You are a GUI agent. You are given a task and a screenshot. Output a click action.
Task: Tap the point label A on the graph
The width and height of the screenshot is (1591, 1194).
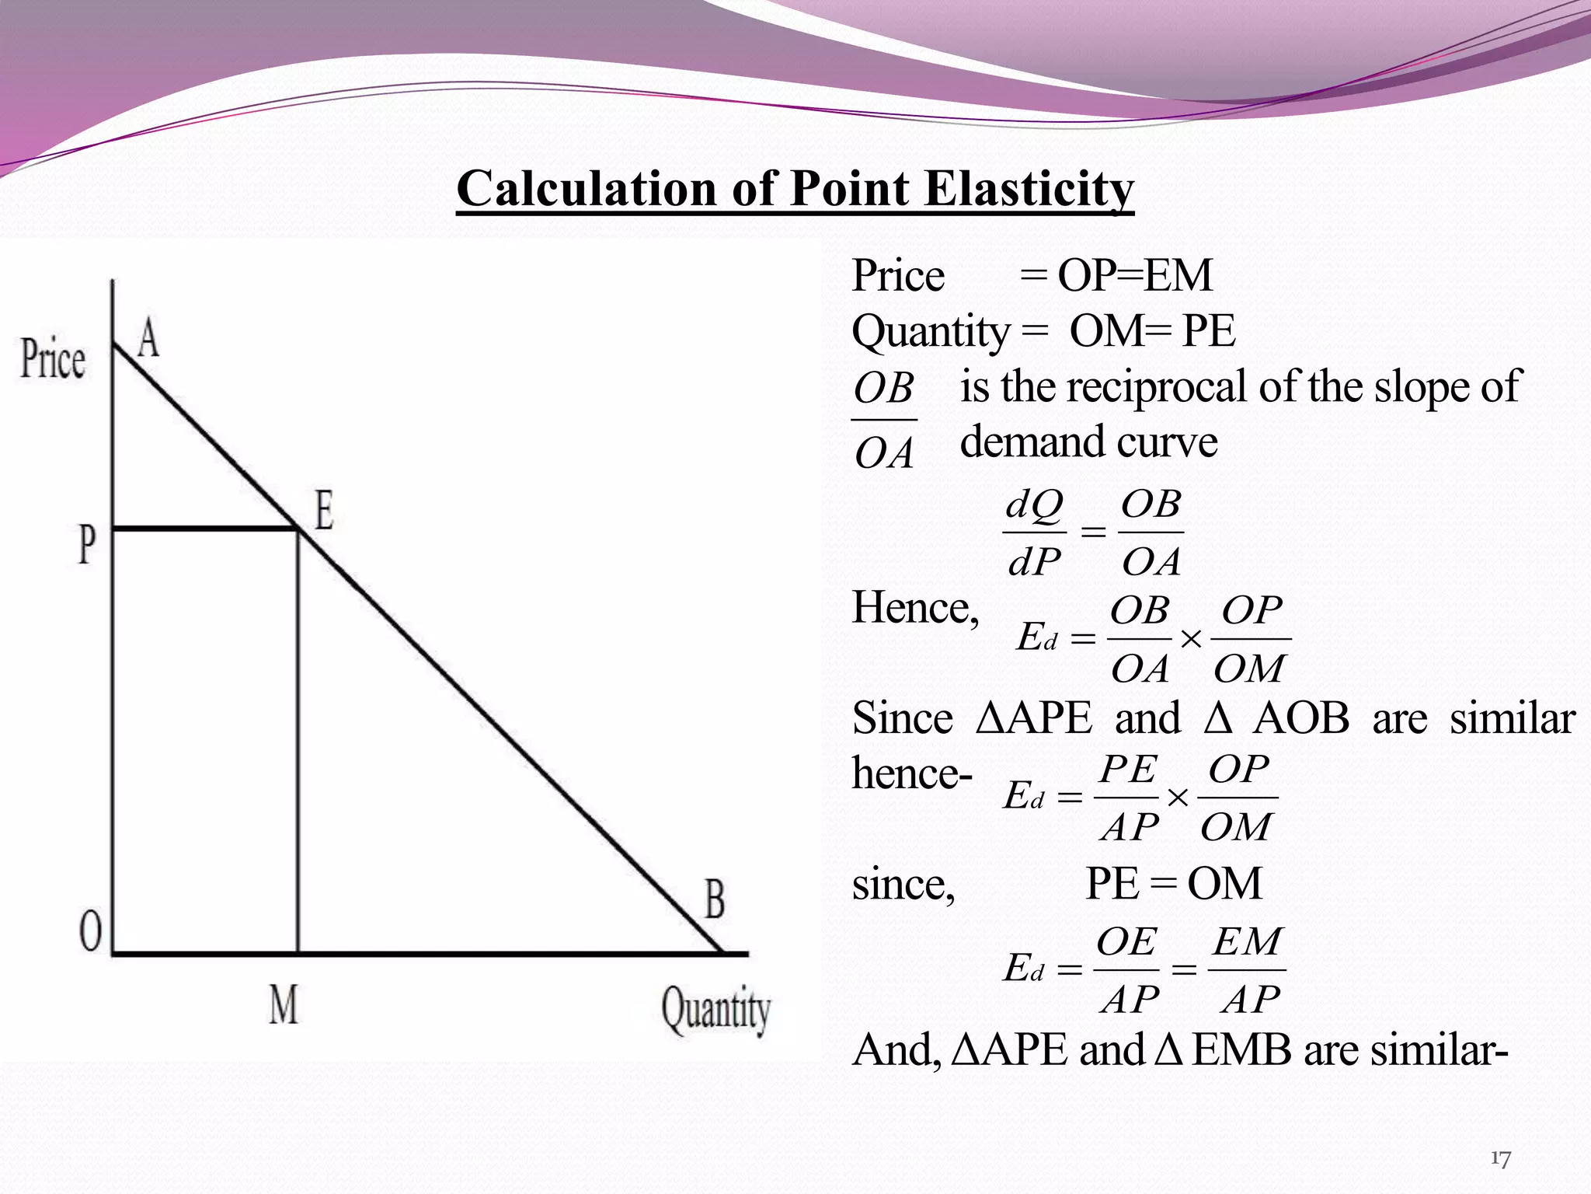(x=148, y=339)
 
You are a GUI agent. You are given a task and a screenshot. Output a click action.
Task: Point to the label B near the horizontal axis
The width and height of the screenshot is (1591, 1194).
(x=715, y=899)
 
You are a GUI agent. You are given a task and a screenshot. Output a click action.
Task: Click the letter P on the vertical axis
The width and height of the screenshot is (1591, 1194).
(x=87, y=544)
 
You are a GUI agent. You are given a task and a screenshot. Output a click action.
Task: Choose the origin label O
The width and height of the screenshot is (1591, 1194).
(x=90, y=930)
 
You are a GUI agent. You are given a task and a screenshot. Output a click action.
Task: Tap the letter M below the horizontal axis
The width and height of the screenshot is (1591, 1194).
(x=284, y=1004)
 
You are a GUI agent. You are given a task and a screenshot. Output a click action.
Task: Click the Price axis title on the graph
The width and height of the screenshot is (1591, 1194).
(x=53, y=359)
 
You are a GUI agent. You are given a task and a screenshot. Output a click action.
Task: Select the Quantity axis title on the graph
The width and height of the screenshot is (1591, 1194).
(x=715, y=1009)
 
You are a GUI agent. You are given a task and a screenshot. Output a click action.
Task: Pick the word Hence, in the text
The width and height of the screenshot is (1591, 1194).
(x=915, y=608)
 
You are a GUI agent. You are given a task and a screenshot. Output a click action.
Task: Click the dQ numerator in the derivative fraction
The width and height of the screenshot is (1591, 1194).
(x=1034, y=505)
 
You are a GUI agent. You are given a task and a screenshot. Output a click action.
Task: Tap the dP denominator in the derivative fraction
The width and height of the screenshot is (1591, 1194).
(x=1034, y=561)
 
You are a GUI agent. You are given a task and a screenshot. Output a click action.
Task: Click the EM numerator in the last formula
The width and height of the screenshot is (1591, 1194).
(x=1247, y=942)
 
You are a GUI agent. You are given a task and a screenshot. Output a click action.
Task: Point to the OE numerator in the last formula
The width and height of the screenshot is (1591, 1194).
(x=1126, y=942)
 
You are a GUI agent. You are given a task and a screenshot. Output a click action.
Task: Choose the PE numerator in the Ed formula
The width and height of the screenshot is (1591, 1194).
(x=1128, y=770)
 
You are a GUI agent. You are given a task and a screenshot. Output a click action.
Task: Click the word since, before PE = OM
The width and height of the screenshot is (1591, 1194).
(x=903, y=885)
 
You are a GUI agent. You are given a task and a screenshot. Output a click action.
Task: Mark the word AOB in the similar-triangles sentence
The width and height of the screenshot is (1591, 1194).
(x=1301, y=718)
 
